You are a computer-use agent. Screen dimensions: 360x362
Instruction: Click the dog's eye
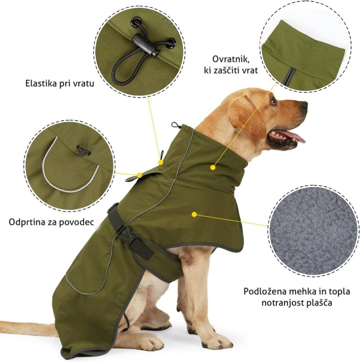pyautogui.click(x=274, y=101)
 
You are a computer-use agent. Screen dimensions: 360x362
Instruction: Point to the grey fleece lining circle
pyautogui.click(x=313, y=230)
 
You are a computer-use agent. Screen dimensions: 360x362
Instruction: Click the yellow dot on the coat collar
pyautogui.click(x=213, y=167)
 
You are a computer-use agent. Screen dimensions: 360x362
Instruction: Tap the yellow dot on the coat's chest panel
pyautogui.click(x=194, y=214)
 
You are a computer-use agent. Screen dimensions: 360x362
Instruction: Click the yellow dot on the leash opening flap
pyautogui.click(x=139, y=175)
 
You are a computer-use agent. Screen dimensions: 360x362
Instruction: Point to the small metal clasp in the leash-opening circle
pyautogui.click(x=84, y=150)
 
